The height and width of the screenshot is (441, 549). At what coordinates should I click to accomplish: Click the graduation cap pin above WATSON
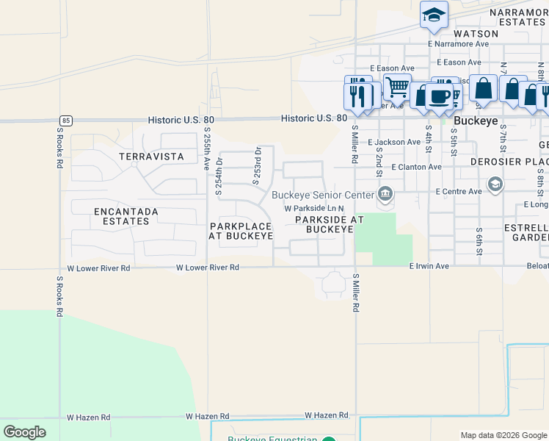(434, 15)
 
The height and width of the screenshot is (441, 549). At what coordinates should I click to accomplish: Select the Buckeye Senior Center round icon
(385, 195)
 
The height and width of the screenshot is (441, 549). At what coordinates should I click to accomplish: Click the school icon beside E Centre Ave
(495, 184)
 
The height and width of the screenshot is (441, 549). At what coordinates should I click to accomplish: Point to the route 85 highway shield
(67, 120)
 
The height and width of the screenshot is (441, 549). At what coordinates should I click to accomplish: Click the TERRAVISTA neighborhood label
(150, 157)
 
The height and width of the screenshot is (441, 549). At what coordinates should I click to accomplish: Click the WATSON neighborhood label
(476, 34)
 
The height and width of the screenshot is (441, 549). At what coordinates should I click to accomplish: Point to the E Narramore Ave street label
(462, 44)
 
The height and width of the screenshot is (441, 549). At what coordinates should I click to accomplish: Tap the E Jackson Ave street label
(394, 142)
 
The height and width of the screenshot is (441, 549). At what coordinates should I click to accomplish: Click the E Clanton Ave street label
(416, 167)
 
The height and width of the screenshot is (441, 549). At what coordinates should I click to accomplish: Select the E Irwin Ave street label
(429, 265)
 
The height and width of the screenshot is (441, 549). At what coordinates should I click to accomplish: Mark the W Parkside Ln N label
(314, 209)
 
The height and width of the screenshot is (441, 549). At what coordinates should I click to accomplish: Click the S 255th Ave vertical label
(207, 149)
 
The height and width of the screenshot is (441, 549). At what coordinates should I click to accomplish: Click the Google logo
(24, 432)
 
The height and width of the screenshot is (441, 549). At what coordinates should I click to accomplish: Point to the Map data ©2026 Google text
(503, 435)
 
